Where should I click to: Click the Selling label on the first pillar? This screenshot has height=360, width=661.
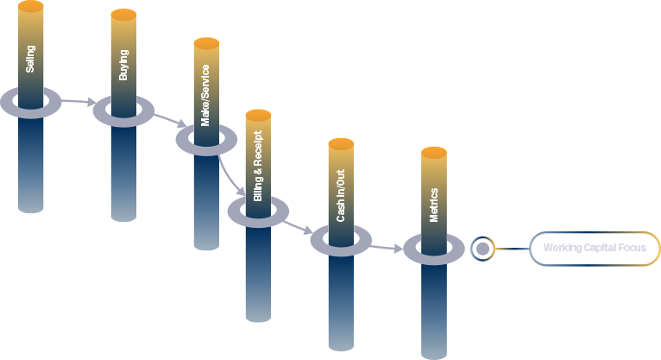(30, 59)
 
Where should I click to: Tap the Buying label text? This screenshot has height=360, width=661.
(123, 65)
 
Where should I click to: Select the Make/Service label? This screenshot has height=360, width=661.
(205, 95)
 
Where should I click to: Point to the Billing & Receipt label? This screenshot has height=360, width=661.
(257, 166)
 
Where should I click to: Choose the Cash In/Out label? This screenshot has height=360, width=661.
(341, 196)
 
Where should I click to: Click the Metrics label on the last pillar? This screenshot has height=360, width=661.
(434, 205)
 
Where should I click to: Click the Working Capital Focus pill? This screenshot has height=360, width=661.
(595, 249)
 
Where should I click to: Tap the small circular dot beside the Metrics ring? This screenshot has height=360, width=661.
(482, 249)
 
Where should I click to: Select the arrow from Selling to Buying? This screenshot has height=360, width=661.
(79, 101)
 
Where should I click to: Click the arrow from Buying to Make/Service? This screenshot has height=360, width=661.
(170, 120)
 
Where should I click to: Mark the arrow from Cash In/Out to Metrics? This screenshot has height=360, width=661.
(387, 248)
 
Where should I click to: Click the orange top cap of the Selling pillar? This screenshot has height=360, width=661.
(31, 6)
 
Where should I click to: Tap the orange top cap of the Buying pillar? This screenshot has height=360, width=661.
(123, 15)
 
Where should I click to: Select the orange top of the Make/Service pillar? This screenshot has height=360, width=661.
(206, 43)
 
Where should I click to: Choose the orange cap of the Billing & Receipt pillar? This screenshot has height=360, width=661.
(258, 115)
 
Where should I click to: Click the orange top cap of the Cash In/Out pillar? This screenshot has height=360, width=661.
(341, 144)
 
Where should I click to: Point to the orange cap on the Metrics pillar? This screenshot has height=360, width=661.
(434, 153)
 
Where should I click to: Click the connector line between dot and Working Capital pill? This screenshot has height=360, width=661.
(512, 249)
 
